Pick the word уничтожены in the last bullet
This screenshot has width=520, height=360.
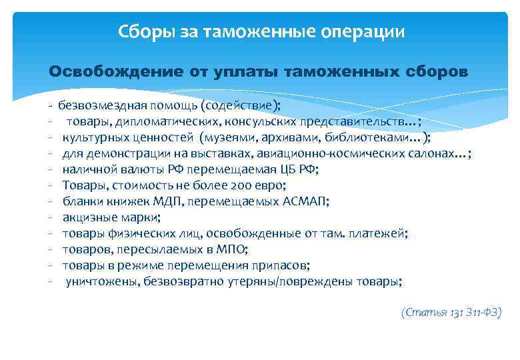coord(97,281)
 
